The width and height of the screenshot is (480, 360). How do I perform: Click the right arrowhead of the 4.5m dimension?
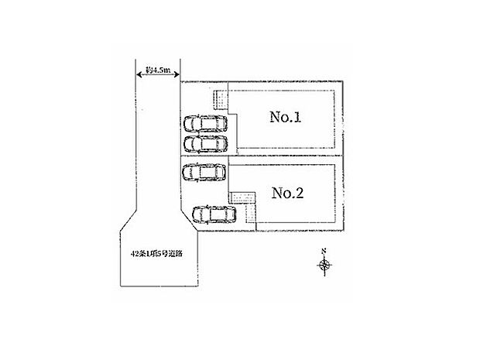tap(178, 70)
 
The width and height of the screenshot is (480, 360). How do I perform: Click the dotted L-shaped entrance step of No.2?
tap(243, 204)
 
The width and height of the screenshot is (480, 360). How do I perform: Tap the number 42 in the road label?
tap(135, 252)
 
